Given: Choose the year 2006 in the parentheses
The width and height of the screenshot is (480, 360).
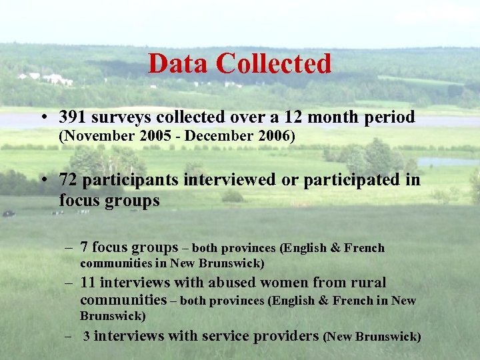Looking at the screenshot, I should [276, 137].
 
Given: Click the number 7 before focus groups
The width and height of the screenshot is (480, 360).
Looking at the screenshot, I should [84, 247].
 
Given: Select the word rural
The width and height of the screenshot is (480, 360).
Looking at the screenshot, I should [367, 283].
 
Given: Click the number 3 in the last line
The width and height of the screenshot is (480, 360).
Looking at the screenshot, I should [87, 336].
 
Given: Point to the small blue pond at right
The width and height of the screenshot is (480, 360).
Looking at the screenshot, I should [447, 162].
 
